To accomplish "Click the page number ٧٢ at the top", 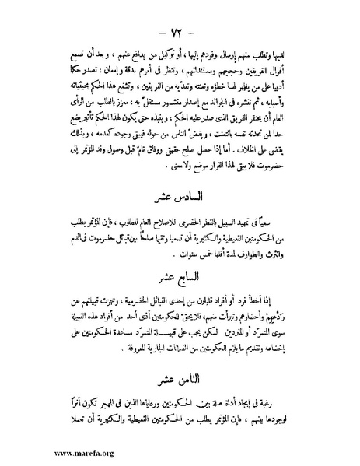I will click(180, 17).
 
